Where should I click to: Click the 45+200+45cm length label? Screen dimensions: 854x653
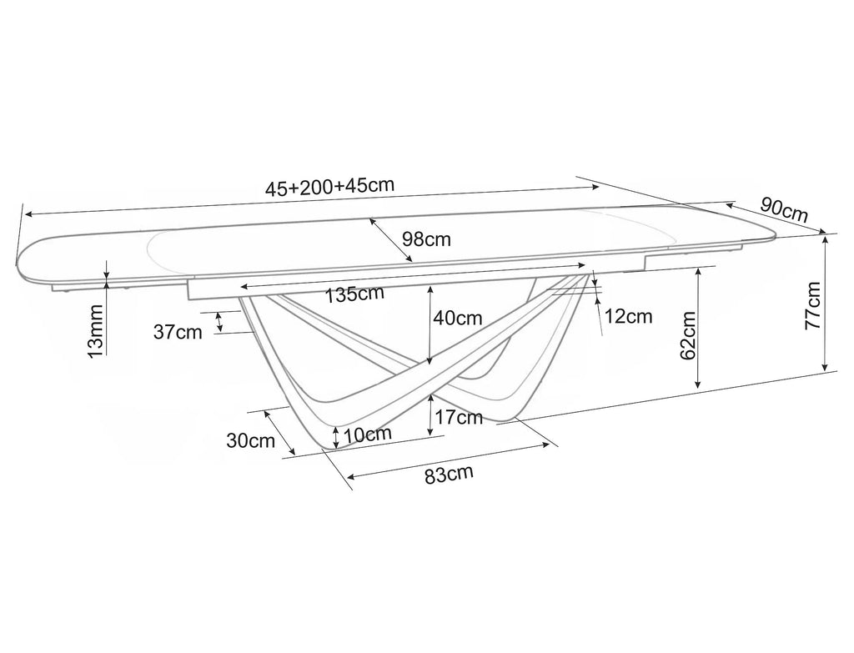click(329, 186)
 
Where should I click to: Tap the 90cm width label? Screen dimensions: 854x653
click(784, 209)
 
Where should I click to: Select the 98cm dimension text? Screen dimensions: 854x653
click(426, 239)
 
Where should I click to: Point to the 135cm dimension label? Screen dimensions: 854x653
click(354, 294)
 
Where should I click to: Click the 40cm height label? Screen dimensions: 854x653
click(458, 318)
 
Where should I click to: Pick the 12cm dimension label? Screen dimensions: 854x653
click(628, 316)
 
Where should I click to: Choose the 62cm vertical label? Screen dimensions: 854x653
click(688, 335)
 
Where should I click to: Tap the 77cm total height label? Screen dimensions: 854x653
click(813, 305)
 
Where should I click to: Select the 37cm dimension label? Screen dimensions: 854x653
click(178, 332)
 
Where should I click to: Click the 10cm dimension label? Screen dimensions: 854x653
click(368, 434)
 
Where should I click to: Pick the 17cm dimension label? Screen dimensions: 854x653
click(459, 417)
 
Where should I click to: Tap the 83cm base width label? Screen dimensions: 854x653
click(449, 474)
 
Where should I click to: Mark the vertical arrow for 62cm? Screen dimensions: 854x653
click(698, 328)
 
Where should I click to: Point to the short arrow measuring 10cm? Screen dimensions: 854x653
click(336, 437)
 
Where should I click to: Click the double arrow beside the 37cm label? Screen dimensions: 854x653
click(219, 322)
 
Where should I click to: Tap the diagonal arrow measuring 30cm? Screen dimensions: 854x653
click(279, 433)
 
